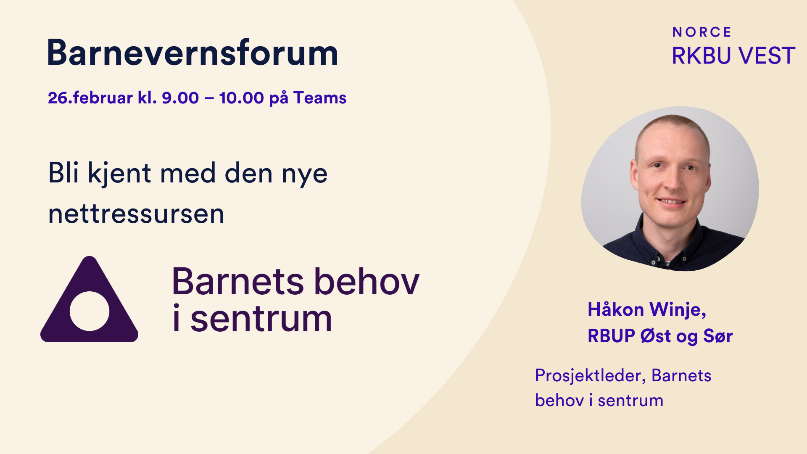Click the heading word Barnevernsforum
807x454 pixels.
[193, 53]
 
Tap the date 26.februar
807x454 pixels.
[90, 98]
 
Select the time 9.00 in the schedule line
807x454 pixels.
[180, 98]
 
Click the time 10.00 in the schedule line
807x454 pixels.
[241, 98]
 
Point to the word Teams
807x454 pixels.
[320, 98]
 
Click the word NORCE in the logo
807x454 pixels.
[702, 32]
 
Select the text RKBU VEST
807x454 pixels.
[733, 56]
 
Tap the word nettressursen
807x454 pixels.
[136, 214]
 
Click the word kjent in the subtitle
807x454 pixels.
[119, 174]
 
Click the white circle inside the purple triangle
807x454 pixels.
[90, 311]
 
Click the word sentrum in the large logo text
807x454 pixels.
[261, 319]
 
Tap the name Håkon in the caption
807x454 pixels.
[616, 309]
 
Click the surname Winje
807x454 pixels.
[678, 310]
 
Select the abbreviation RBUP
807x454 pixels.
[611, 336]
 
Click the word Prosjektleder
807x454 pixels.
[590, 375]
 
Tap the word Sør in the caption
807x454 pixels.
[718, 336]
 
